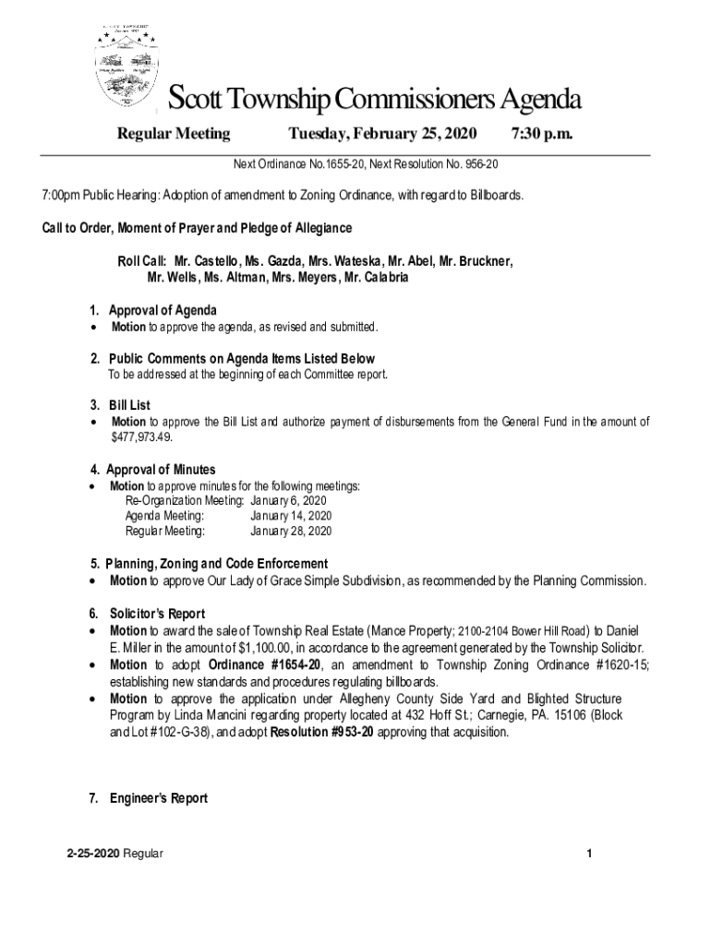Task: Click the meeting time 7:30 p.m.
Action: [x=542, y=134]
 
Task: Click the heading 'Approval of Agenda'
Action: [x=163, y=310]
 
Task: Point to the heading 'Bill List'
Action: [x=129, y=405]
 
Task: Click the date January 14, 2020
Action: [x=291, y=515]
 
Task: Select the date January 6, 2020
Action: [x=287, y=500]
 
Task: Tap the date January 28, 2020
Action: [x=291, y=531]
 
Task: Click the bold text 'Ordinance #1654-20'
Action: [x=264, y=665]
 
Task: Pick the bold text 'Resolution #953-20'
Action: [x=323, y=732]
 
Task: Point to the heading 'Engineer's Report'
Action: [x=158, y=798]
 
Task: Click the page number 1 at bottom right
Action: [x=587, y=854]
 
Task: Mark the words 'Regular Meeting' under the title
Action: [x=174, y=134]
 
